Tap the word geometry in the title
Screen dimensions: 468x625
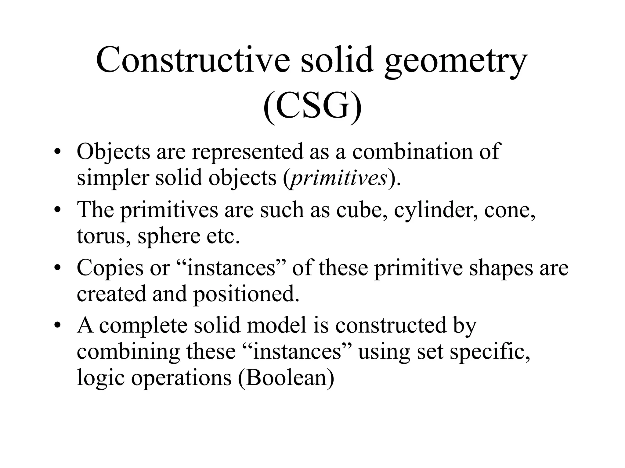pos(455,62)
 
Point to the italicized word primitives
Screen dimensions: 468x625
pos(339,178)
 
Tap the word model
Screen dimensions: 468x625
pos(276,325)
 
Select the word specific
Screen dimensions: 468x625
pos(490,352)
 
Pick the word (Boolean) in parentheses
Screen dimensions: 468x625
pos(286,378)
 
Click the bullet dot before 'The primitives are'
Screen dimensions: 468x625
pos(57,211)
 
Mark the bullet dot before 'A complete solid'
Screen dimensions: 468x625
pos(57,326)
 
